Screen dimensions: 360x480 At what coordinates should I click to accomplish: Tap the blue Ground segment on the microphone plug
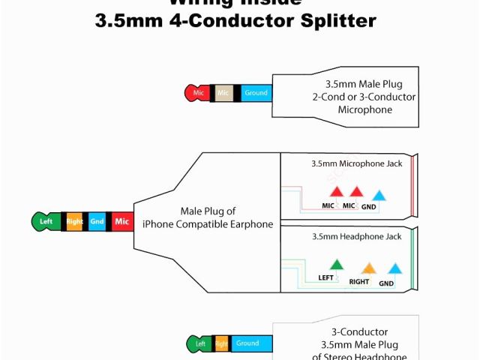pos(255,93)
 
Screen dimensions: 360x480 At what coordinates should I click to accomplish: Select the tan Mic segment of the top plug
pos(223,93)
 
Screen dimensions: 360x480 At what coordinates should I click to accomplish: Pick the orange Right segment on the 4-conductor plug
pos(74,221)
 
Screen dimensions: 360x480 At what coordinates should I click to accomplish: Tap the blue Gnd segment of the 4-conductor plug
pos(97,221)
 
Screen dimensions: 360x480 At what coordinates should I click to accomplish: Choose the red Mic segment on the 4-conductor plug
pos(121,221)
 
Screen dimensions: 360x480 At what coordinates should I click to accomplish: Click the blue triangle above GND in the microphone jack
pos(379,195)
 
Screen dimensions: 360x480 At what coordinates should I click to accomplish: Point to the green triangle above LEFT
pos(337,264)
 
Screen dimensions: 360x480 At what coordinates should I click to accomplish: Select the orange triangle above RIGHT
pos(368,268)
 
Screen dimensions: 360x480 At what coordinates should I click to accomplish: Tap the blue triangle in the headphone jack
pos(394,268)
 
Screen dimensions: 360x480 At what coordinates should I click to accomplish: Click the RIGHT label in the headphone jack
pos(359,282)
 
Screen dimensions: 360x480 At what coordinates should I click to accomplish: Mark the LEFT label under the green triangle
pos(326,277)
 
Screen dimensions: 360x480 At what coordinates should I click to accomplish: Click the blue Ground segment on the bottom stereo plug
pos(247,343)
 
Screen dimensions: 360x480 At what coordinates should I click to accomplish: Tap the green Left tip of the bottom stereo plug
pos(199,343)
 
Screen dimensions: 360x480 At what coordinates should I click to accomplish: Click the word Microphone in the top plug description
pos(365,109)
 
